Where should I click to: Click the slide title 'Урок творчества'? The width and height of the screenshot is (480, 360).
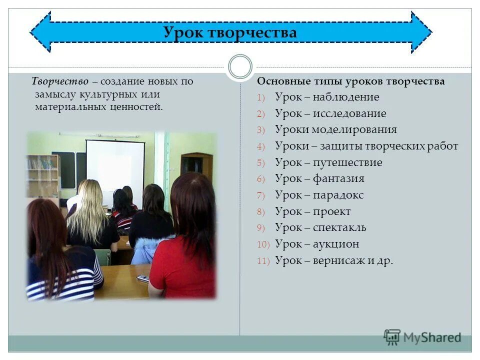230,33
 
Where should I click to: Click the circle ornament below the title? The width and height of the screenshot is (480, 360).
239,67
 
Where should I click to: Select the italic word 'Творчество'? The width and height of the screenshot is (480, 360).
60,81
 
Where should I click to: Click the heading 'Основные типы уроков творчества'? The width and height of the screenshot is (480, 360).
350,81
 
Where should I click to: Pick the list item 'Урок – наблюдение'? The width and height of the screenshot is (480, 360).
327,97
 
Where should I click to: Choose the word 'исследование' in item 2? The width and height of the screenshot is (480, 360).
349,113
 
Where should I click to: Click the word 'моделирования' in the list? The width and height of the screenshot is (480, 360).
354,129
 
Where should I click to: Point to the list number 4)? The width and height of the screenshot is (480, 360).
263,146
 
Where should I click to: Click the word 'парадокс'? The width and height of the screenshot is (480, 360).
338,195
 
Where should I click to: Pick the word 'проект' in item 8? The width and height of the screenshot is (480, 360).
332,211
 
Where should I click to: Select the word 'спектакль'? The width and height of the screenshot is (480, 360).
339,227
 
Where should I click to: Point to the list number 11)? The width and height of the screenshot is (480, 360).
263,261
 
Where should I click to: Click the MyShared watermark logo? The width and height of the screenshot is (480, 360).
422,337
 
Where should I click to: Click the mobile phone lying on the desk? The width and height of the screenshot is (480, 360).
142,278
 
